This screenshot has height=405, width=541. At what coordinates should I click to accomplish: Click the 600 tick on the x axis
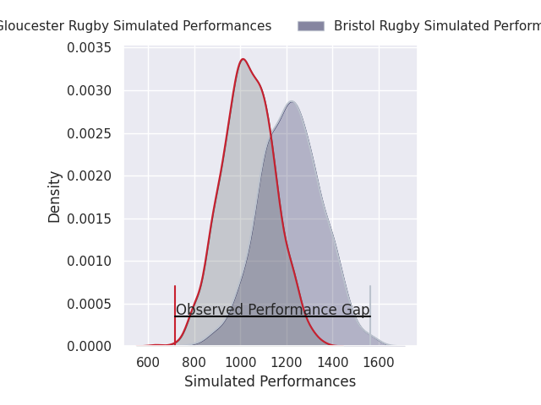coord(148,363)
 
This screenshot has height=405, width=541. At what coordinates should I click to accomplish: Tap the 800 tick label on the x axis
coord(194,363)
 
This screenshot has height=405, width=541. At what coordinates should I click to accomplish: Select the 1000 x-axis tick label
coord(240,363)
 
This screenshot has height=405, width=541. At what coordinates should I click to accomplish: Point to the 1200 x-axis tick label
coord(287,363)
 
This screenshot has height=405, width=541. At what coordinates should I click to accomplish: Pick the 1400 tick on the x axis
coord(332,363)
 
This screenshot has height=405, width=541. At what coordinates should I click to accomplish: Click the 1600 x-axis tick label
coord(379,363)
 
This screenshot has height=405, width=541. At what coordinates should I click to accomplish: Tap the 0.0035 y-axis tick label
coord(90,48)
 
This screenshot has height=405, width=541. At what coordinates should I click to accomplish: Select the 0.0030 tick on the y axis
coord(90,90)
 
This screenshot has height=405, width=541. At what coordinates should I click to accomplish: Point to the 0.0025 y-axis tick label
coord(90,133)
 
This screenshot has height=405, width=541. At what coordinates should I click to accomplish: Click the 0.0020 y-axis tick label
coord(90,176)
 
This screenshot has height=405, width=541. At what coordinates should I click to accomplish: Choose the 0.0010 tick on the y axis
coord(90,262)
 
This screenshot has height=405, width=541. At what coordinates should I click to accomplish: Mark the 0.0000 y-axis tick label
coord(90,346)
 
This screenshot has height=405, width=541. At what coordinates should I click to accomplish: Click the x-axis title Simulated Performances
coord(270,382)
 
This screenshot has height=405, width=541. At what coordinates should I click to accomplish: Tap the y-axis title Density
coord(55,197)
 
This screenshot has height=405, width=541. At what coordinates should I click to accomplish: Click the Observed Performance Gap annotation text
coord(272,310)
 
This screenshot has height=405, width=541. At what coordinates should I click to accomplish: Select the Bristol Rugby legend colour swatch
coord(310,26)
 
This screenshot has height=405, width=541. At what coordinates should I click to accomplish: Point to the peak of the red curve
coord(243,59)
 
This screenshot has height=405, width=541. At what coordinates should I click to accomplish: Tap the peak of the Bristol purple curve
coord(291,101)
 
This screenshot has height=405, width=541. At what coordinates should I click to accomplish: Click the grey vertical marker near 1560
coord(370,314)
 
